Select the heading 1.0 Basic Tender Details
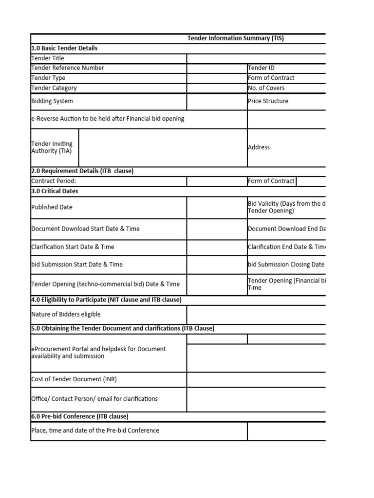(x=64, y=48)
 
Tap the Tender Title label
(x=48, y=58)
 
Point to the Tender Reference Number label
(x=67, y=68)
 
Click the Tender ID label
(x=262, y=68)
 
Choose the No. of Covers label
(x=266, y=88)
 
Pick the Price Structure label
(x=268, y=101)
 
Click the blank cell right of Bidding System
(x=217, y=101)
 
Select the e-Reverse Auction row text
(x=108, y=119)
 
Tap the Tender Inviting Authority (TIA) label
(x=52, y=147)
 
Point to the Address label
(x=259, y=147)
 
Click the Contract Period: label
(x=54, y=181)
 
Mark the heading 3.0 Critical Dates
(x=55, y=191)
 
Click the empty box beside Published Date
(x=217, y=207)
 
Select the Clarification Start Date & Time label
(x=73, y=247)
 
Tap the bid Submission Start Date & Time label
(x=77, y=265)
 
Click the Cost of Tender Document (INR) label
(x=74, y=379)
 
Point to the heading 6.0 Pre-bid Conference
(x=79, y=416)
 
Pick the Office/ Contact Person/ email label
(x=94, y=399)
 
